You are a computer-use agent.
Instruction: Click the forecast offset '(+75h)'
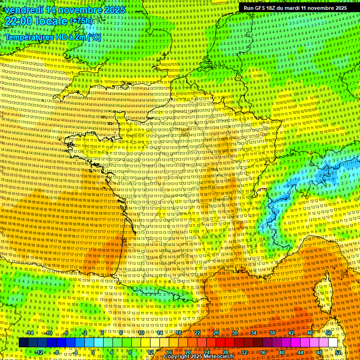(81, 22)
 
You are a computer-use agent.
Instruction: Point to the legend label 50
(329, 333)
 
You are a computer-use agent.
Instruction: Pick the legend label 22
(197, 333)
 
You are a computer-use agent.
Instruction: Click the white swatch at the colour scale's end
(333, 343)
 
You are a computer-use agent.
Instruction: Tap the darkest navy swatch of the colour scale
(23, 343)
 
